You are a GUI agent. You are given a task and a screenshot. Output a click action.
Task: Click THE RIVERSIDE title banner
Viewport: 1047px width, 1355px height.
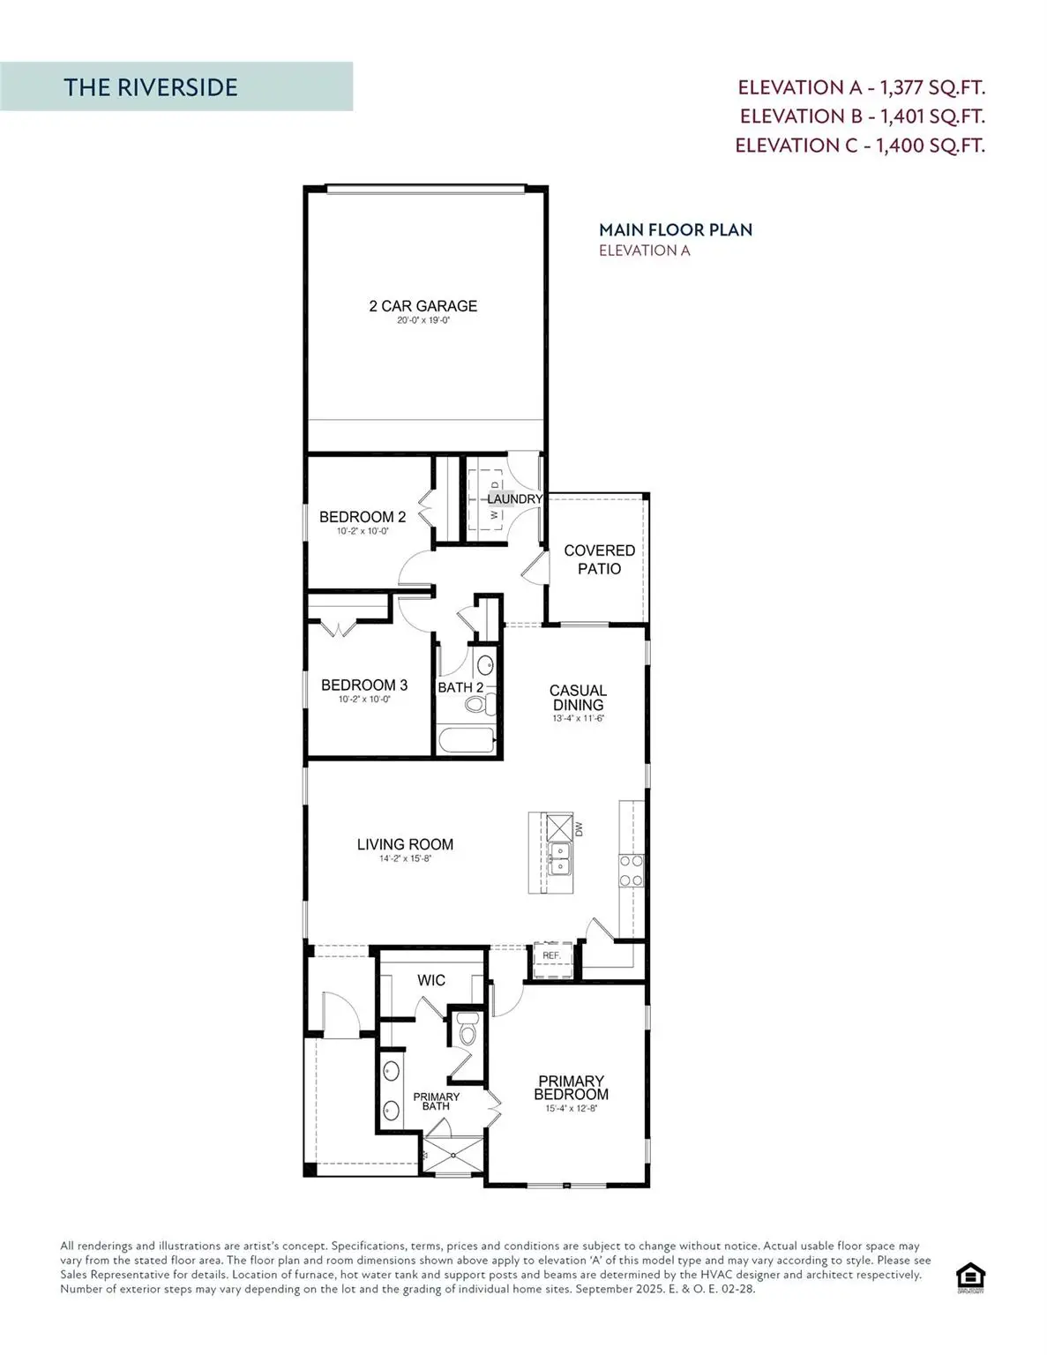(x=176, y=86)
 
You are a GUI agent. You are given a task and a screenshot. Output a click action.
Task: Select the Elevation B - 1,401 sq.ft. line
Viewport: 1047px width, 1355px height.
(x=862, y=116)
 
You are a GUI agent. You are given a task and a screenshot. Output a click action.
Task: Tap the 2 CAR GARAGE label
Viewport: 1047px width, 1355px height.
(x=423, y=306)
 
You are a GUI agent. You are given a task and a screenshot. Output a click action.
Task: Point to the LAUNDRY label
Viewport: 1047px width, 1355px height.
(x=514, y=499)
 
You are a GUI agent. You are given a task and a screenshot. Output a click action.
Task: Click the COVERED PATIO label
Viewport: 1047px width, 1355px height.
(x=599, y=559)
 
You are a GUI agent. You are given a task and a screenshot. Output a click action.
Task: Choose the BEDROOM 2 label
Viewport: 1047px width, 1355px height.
(x=363, y=517)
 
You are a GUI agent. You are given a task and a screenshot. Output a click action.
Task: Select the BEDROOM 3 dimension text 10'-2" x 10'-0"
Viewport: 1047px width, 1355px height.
(x=363, y=699)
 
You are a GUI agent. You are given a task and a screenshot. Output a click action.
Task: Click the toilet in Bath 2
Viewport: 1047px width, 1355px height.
(x=478, y=704)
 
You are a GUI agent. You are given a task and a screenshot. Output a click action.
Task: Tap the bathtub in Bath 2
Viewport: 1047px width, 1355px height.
(x=467, y=739)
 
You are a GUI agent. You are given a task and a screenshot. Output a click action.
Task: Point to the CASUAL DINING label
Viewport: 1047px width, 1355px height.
(x=578, y=697)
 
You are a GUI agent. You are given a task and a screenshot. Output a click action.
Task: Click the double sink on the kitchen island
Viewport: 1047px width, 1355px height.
(x=559, y=858)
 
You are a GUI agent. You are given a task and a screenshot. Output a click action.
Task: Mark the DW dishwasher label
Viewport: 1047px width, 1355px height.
(x=580, y=829)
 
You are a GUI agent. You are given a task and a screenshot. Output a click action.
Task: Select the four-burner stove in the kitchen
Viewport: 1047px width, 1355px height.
(x=631, y=870)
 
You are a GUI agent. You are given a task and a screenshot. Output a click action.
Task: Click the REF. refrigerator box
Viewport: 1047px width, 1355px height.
(x=551, y=956)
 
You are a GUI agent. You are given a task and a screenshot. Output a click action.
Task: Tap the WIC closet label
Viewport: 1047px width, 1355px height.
(x=431, y=980)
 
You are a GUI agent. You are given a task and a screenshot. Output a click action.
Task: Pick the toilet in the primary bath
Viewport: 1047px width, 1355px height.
(x=466, y=1030)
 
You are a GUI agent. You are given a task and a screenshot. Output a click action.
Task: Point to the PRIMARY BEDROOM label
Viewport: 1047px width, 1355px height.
(x=571, y=1088)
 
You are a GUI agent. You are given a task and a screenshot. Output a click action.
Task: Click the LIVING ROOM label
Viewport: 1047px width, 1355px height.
(x=405, y=844)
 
